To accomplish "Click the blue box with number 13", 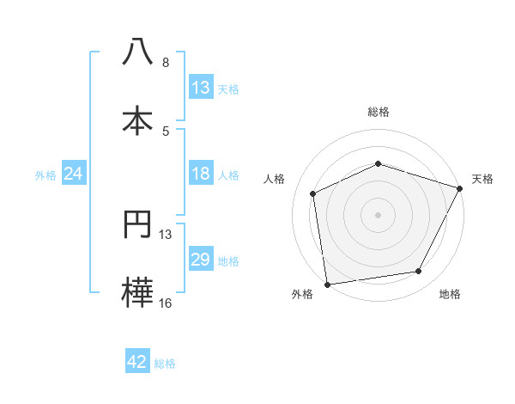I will [201, 88].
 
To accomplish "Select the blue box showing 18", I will [201, 174].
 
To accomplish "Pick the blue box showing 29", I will [201, 260].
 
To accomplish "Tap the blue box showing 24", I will [74, 174].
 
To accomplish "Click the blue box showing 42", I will [137, 362].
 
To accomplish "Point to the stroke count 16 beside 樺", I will [166, 303].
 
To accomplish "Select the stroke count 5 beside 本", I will [166, 131].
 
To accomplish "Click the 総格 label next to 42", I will [165, 364].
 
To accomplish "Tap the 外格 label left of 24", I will [45, 175].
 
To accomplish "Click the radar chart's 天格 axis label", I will [483, 179].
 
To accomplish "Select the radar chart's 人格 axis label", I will [275, 179].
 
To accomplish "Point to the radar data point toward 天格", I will [460, 188].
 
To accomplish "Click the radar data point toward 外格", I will [327, 284].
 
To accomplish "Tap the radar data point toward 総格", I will [378, 163].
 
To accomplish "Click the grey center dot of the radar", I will [378, 214].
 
